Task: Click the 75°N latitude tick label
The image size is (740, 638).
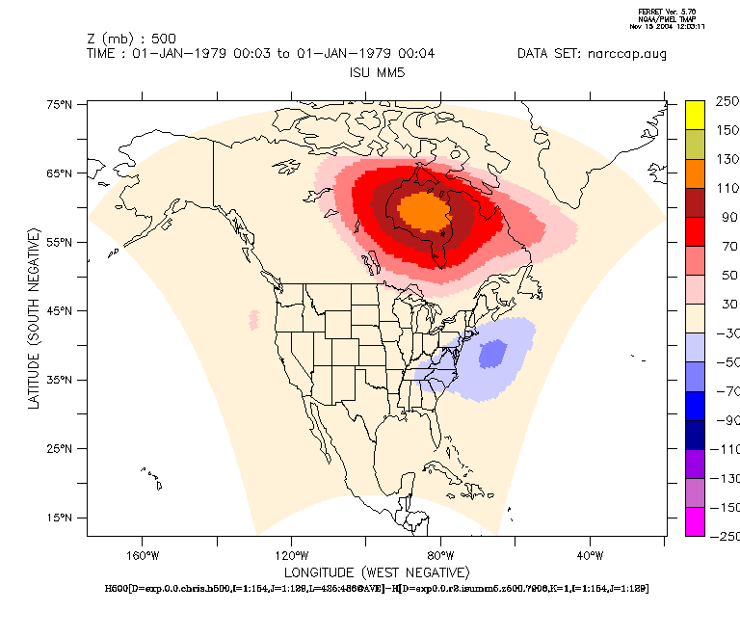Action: (61, 104)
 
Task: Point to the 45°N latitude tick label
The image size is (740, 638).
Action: (61, 311)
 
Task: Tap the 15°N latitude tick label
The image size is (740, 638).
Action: (61, 518)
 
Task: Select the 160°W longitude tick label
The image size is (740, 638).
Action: (142, 555)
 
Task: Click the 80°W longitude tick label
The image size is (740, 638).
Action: (441, 555)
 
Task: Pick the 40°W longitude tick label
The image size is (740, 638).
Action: (590, 555)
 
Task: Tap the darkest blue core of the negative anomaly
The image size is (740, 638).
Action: (492, 354)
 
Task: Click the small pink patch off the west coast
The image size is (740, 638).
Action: (253, 318)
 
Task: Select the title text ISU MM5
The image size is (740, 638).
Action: (374, 72)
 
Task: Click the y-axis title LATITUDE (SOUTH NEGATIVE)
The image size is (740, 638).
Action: (35, 319)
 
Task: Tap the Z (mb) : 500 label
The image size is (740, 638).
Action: (131, 39)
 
